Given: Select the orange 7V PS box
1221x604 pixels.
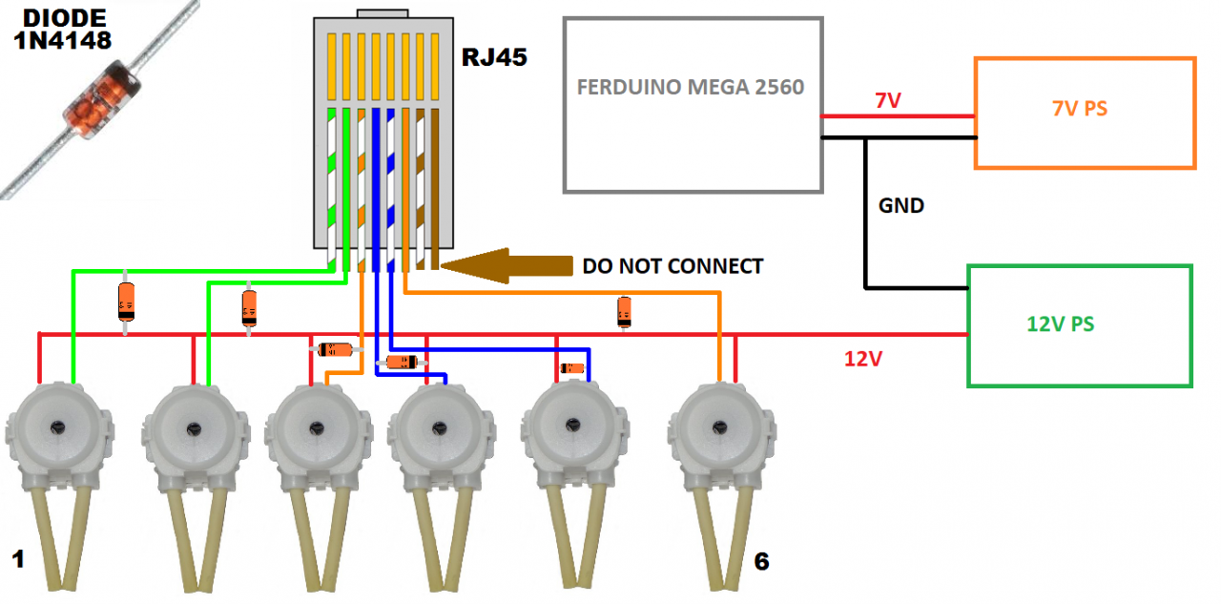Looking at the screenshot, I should (x=1084, y=113).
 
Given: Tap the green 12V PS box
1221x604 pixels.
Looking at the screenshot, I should (x=1079, y=325).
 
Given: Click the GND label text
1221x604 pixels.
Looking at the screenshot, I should (x=901, y=205).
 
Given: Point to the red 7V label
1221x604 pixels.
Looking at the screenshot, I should (x=887, y=100).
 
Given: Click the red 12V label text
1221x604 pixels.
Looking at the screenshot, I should (x=863, y=360).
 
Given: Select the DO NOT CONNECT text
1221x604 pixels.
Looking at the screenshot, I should (x=673, y=266).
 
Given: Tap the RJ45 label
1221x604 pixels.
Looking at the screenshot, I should (x=495, y=56).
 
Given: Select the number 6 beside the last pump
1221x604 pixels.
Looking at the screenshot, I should (x=760, y=562).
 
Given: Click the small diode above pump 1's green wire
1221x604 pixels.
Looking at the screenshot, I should (x=126, y=302).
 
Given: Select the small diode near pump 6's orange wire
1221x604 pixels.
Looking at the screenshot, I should (x=624, y=311).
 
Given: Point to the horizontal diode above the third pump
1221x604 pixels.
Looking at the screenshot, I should (x=337, y=349).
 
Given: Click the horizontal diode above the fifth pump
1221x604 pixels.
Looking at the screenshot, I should (x=570, y=367).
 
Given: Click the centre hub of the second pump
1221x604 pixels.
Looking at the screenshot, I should (x=194, y=429).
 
